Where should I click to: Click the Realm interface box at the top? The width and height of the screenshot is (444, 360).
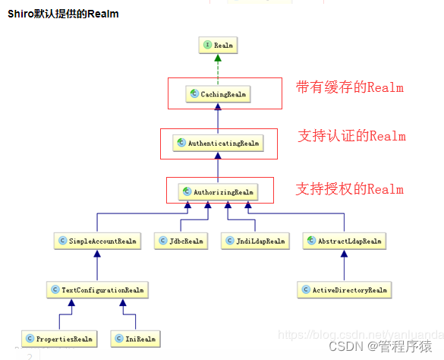[218, 46]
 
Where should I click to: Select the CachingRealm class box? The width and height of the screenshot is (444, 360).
[218, 94]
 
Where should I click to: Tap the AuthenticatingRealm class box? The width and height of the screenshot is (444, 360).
[218, 143]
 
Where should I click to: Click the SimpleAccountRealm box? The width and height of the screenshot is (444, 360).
[98, 242]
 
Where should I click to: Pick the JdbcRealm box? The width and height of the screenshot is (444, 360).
[181, 242]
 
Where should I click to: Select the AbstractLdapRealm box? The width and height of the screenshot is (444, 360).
[344, 242]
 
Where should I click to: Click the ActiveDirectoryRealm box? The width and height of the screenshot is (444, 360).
[344, 290]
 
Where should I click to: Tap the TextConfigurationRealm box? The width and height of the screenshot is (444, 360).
[96, 290]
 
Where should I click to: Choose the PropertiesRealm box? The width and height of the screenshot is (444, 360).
[58, 338]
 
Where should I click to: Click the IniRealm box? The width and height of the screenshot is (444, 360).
[136, 338]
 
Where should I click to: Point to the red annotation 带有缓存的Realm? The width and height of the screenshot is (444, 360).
[349, 87]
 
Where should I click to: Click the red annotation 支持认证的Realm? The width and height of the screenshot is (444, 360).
[352, 137]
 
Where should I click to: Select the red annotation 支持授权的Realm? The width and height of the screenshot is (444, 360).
[349, 189]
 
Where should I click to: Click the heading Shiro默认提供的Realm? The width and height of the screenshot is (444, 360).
[63, 14]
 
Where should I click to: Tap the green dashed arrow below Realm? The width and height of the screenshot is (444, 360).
[218, 69]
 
